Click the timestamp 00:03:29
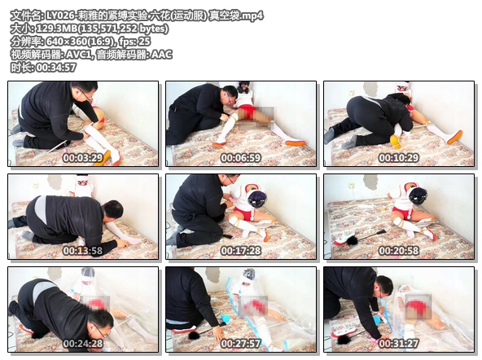click(x=83, y=158)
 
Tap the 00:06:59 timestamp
click(x=241, y=158)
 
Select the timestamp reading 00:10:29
click(x=399, y=158)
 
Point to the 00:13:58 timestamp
click(x=83, y=251)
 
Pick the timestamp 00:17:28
click(x=241, y=251)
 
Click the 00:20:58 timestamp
click(x=399, y=251)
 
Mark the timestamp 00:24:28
click(x=83, y=344)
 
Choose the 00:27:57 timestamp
click(x=241, y=344)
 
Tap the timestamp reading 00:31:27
click(x=399, y=344)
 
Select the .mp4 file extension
click(x=252, y=15)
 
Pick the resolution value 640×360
click(x=68, y=42)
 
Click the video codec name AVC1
click(x=79, y=55)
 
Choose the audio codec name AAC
click(x=161, y=55)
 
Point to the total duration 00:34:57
click(x=56, y=68)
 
